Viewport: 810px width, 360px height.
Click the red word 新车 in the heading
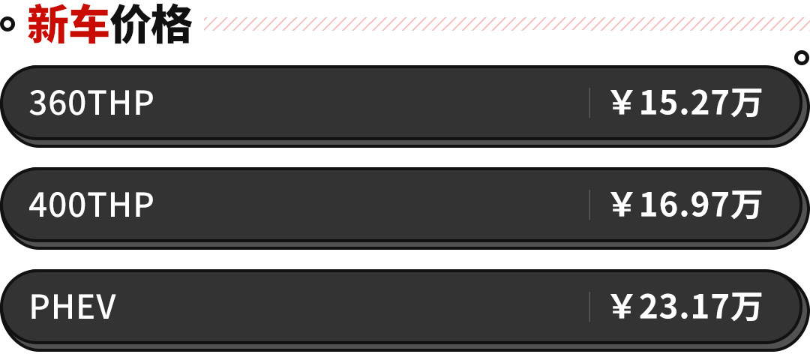[x=69, y=24]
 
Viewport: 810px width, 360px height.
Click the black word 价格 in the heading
[x=151, y=24]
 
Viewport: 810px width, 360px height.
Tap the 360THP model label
[x=91, y=103]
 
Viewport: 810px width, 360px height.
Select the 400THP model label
[x=91, y=205]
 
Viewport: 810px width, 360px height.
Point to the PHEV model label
[x=73, y=307]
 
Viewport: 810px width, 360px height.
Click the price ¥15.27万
[x=686, y=103]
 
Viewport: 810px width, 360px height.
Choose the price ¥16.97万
[x=686, y=205]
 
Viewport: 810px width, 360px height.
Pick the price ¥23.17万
[x=686, y=307]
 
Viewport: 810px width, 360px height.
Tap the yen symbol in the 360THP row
[x=622, y=103]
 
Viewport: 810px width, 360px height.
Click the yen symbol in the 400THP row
[x=622, y=205]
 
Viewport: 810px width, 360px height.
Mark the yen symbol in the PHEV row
[x=622, y=307]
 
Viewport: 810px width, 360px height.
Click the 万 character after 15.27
[x=747, y=103]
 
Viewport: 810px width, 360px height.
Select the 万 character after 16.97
[x=747, y=205]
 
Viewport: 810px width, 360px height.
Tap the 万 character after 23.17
[x=747, y=307]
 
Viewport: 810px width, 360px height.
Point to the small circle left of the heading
[x=7, y=24]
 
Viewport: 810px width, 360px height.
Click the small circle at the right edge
[x=801, y=57]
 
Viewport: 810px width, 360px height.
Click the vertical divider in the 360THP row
[x=589, y=103]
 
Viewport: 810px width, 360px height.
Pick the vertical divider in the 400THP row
[x=589, y=205]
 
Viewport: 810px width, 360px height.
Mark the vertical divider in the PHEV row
[x=589, y=307]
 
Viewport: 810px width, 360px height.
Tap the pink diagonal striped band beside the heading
[x=506, y=24]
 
